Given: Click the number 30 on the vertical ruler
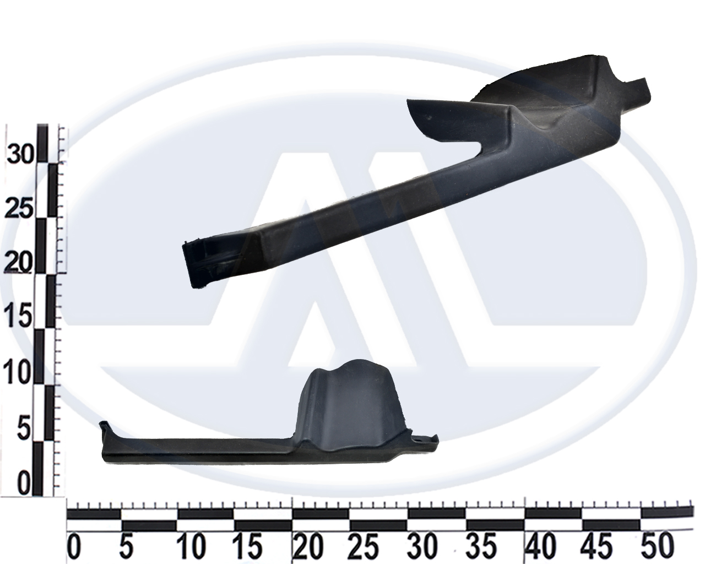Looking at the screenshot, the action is click(20, 154).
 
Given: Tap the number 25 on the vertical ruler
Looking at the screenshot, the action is click(19, 209).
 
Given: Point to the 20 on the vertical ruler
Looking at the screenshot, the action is click(19, 263).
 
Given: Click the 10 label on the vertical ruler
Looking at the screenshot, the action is click(18, 373).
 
